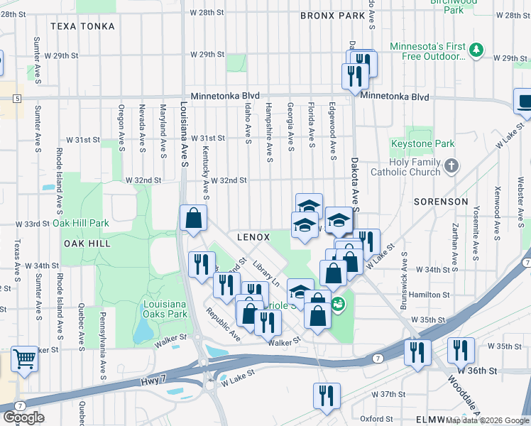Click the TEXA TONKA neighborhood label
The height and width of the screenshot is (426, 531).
click(79, 26)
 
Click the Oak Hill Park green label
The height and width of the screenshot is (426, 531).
click(80, 223)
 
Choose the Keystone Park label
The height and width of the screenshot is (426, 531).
click(422, 143)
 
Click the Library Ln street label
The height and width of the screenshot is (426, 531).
click(268, 273)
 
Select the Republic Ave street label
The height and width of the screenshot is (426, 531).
click(223, 324)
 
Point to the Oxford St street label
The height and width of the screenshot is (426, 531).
click(375, 418)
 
